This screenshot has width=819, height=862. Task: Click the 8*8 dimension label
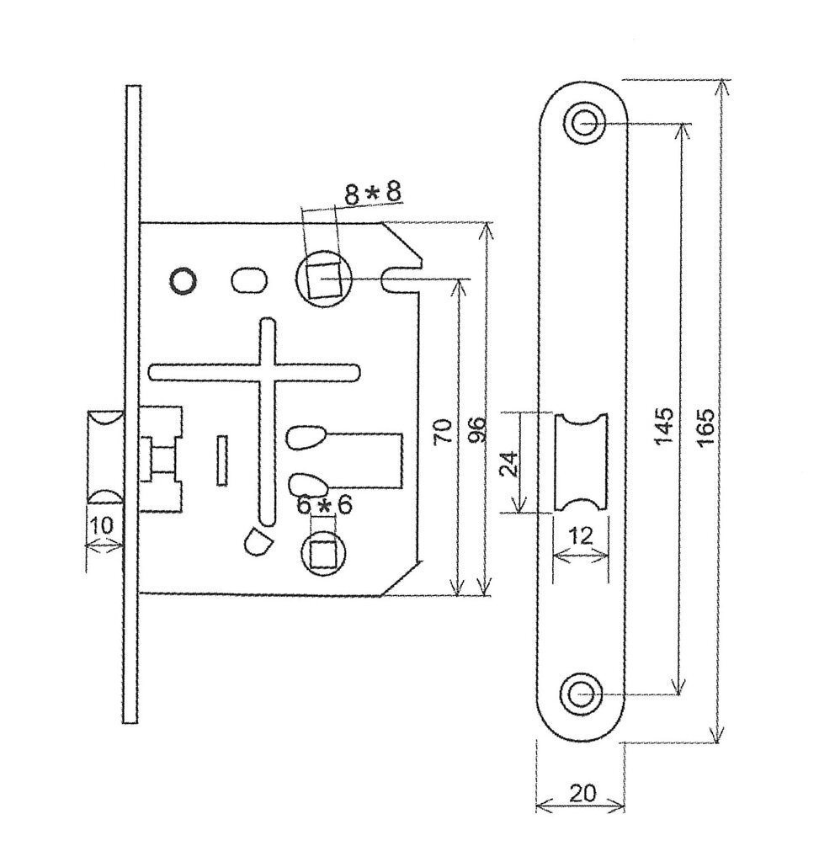pos(372,193)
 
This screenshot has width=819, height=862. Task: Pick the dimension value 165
pos(705,426)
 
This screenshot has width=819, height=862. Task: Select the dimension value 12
pos(580,535)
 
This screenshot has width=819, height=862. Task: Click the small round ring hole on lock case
pos(182,280)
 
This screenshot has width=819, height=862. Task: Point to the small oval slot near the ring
pos(247,279)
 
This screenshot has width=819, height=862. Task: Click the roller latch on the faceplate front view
pos(581,461)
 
